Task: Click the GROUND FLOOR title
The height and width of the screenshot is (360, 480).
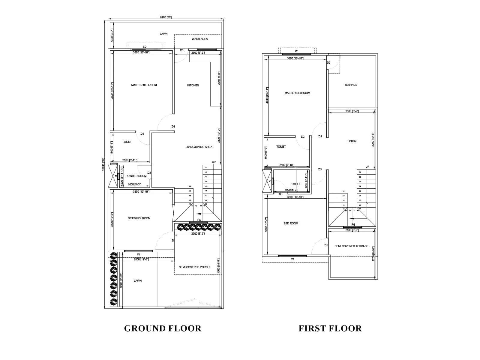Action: pos(163,328)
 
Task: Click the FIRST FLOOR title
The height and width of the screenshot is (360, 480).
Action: pos(330,328)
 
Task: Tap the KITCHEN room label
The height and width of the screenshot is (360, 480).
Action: pos(193,85)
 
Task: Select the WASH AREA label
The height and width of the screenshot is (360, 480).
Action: pos(200,39)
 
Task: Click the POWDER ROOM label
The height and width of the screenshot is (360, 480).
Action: pos(136,176)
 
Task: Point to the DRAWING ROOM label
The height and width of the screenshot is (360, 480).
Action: pos(139,218)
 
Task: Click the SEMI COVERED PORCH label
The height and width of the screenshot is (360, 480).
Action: pos(194,267)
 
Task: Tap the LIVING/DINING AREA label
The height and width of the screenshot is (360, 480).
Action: pos(199,147)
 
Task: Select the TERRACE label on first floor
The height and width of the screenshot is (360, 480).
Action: pos(351,85)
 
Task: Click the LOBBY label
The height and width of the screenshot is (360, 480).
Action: pos(352,141)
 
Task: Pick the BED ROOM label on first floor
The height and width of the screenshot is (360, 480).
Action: pos(291,223)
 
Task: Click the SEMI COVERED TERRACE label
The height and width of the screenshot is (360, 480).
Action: pos(351,246)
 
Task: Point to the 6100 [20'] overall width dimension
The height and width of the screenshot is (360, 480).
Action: pos(166,17)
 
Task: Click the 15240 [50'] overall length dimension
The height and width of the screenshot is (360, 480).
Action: pos(103,164)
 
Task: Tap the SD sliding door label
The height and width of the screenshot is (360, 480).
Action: pos(145,47)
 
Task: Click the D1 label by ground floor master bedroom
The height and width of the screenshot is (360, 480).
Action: pos(173,127)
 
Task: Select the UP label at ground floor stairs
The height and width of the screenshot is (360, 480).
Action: pos(214,162)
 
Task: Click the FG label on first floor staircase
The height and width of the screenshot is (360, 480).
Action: pos(353,225)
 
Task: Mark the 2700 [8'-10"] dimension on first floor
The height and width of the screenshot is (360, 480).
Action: pos(373,254)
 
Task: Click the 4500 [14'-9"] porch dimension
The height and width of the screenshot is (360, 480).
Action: pos(218,266)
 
